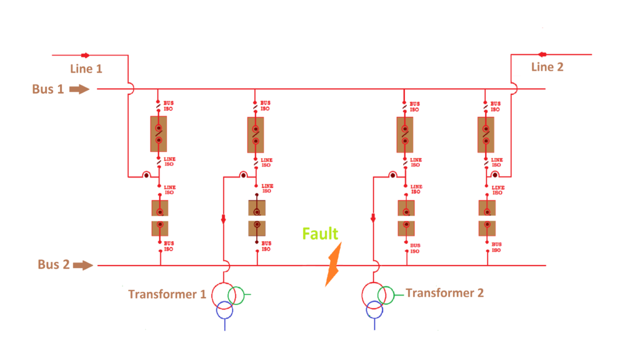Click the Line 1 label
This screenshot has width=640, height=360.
86,69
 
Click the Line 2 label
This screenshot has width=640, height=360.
547,67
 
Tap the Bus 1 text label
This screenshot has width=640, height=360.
47,89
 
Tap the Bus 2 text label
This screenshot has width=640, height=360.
53,264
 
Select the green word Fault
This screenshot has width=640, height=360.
320,234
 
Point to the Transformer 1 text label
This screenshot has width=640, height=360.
167,294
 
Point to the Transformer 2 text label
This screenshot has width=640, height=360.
444,292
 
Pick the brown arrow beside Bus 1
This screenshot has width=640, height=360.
79,89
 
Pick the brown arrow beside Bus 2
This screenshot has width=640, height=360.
84,265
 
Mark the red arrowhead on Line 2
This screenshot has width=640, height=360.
541,54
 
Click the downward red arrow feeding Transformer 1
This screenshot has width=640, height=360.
223,219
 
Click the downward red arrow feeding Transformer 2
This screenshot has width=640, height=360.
373,218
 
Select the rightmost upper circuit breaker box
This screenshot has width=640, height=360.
486,134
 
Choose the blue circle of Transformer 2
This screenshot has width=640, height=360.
374,309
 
